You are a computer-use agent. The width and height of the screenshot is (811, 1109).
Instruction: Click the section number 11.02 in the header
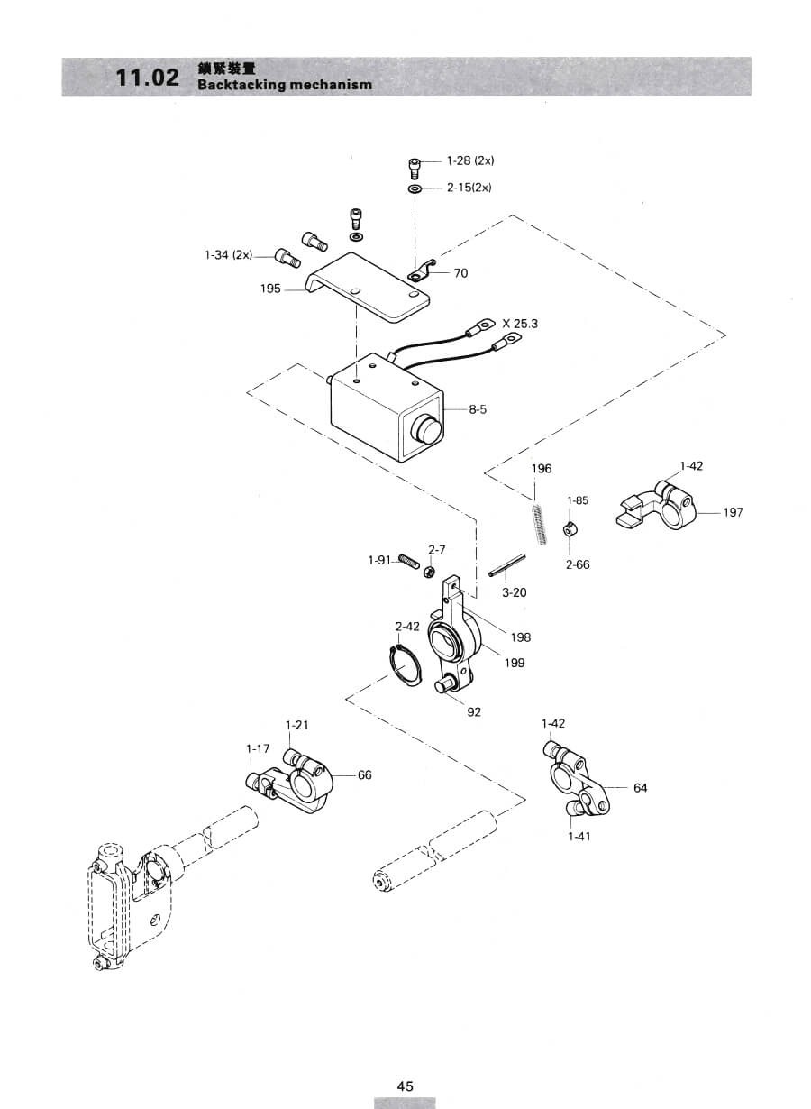pos(147,78)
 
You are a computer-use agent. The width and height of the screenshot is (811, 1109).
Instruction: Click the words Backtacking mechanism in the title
pos(285,84)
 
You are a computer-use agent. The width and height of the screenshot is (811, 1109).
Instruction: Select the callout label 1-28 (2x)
pos(470,160)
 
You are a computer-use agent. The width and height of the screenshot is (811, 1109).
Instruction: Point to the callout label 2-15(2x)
pos(469,188)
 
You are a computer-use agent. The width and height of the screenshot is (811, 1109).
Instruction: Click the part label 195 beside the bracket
pos(270,289)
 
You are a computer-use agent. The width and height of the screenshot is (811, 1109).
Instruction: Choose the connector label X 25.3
pos(520,324)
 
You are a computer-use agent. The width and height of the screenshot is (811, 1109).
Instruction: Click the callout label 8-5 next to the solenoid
pos(478,409)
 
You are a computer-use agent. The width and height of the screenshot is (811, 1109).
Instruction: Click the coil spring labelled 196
pos(538,523)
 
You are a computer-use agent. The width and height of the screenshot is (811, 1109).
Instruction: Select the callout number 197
pos(733,512)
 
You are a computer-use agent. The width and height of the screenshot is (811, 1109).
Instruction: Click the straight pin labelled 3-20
pos(507,565)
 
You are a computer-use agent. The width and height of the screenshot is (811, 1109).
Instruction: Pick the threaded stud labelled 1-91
pos(409,561)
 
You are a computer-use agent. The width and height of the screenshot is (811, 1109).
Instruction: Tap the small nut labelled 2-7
pos(430,572)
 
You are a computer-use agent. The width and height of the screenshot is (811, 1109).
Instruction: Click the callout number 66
pos(364,774)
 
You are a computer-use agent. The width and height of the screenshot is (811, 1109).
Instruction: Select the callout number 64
pos(641,788)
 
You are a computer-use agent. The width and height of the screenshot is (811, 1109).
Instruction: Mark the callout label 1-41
pos(579,837)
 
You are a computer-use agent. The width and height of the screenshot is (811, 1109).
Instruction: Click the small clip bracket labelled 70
pos(421,270)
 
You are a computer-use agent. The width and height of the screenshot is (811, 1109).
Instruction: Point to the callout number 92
pos(474,712)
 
